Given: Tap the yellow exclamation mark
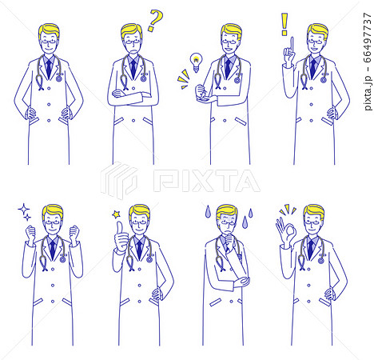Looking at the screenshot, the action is click(284, 24).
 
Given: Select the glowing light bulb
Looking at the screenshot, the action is click(196, 62).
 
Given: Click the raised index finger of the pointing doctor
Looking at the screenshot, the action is click(292, 46).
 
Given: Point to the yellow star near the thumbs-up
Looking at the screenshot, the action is click(117, 214).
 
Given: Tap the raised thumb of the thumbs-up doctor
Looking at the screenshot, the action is click(120, 229).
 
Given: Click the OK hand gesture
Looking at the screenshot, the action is click(286, 232).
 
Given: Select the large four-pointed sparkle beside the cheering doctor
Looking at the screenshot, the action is click(24, 210).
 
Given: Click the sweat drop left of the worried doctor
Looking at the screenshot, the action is click(208, 211).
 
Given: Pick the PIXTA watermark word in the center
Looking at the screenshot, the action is click(207, 181).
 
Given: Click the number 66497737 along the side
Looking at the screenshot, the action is click(368, 38).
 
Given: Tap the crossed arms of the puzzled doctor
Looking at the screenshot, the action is click(133, 97).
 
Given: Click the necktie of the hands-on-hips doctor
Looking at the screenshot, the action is click(49, 69).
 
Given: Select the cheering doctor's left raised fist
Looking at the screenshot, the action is click(31, 233).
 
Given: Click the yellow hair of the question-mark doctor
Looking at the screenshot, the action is click(131, 30).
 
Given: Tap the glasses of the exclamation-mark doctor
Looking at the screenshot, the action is click(316, 42).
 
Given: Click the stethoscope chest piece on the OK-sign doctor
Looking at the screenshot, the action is click(320, 260).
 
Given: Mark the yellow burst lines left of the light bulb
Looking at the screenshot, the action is click(183, 79).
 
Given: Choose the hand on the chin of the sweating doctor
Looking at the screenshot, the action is click(228, 238).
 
